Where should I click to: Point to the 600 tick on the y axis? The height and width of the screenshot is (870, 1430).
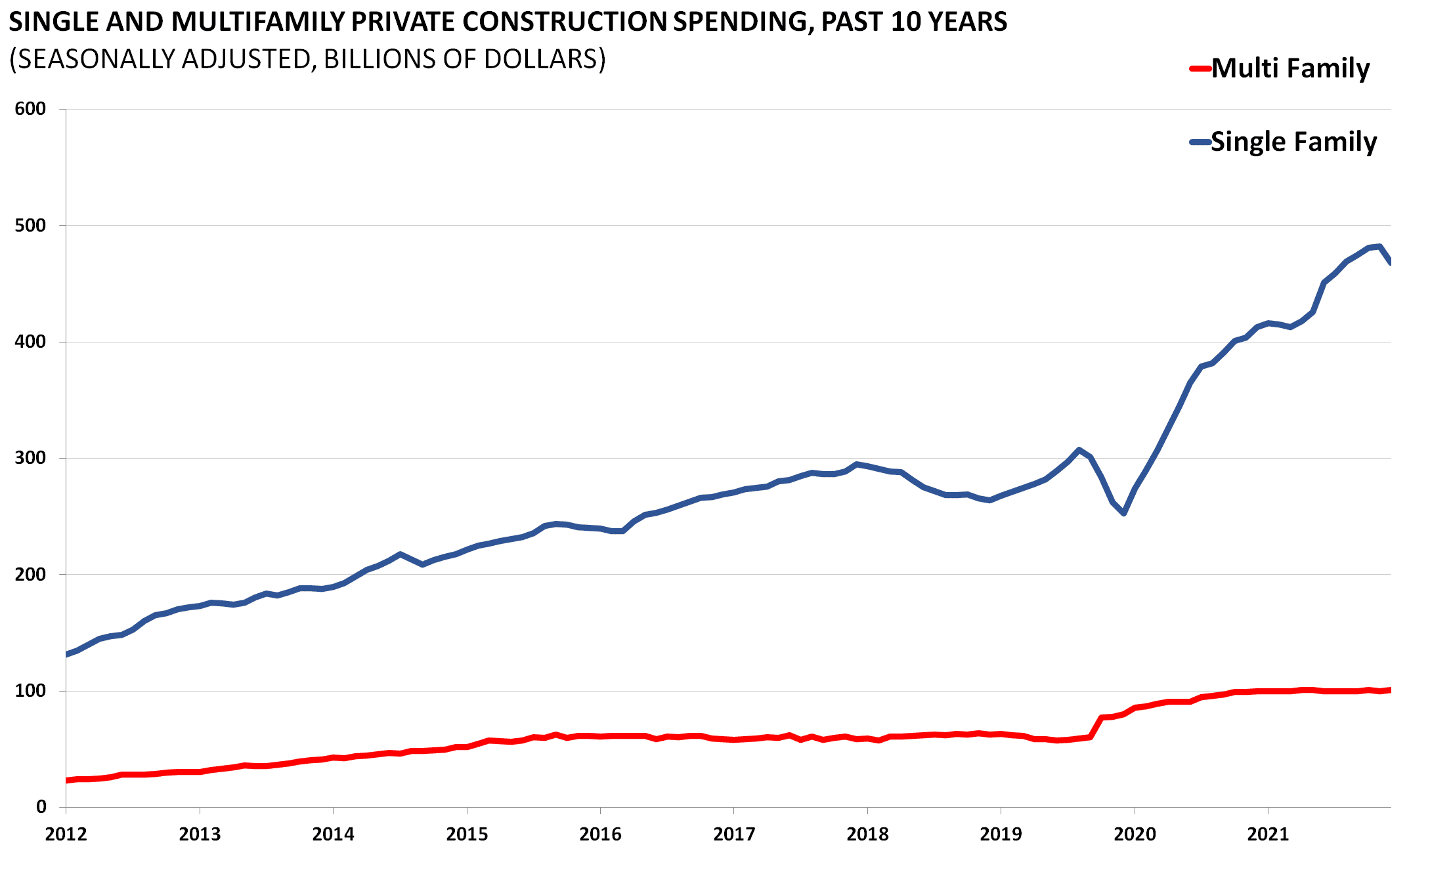30,109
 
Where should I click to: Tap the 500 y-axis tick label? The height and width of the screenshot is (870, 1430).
30,226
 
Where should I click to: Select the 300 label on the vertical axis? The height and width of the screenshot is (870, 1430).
30,458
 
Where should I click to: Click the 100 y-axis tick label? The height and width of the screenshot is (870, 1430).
30,691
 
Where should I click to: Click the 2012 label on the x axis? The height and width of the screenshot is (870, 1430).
66,834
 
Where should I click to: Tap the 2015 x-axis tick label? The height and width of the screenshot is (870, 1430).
467,834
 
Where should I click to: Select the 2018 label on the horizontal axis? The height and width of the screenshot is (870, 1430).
867,834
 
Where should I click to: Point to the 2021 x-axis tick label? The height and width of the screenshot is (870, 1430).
1268,834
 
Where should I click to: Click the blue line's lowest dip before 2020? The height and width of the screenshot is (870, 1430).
1124,513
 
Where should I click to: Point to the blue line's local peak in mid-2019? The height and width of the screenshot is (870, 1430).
1079,450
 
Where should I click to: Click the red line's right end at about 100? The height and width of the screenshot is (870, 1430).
1389,690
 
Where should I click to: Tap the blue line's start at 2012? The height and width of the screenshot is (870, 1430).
67,654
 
